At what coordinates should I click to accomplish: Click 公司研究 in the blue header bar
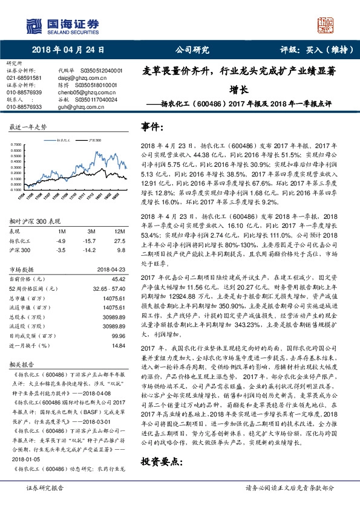coord(192,50)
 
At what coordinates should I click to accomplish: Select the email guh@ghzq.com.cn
coord(77,106)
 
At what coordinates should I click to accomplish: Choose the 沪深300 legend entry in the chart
coord(95,139)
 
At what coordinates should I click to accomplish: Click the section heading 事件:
coord(152,128)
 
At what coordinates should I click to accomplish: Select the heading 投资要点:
coord(162,462)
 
